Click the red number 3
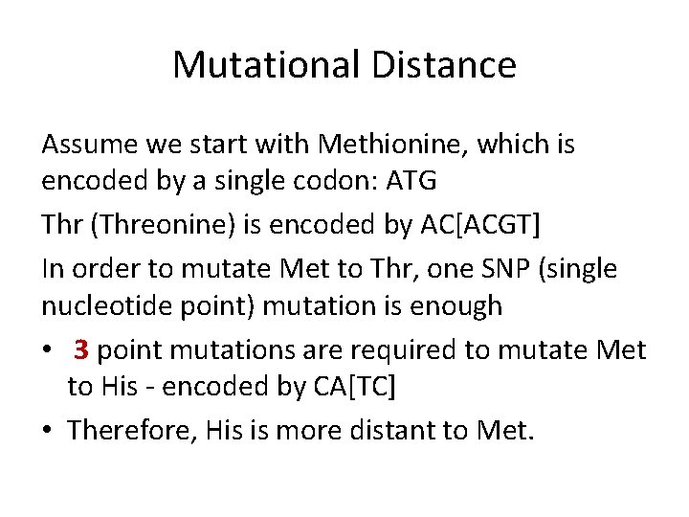coord(81,349)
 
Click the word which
coord(516,145)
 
